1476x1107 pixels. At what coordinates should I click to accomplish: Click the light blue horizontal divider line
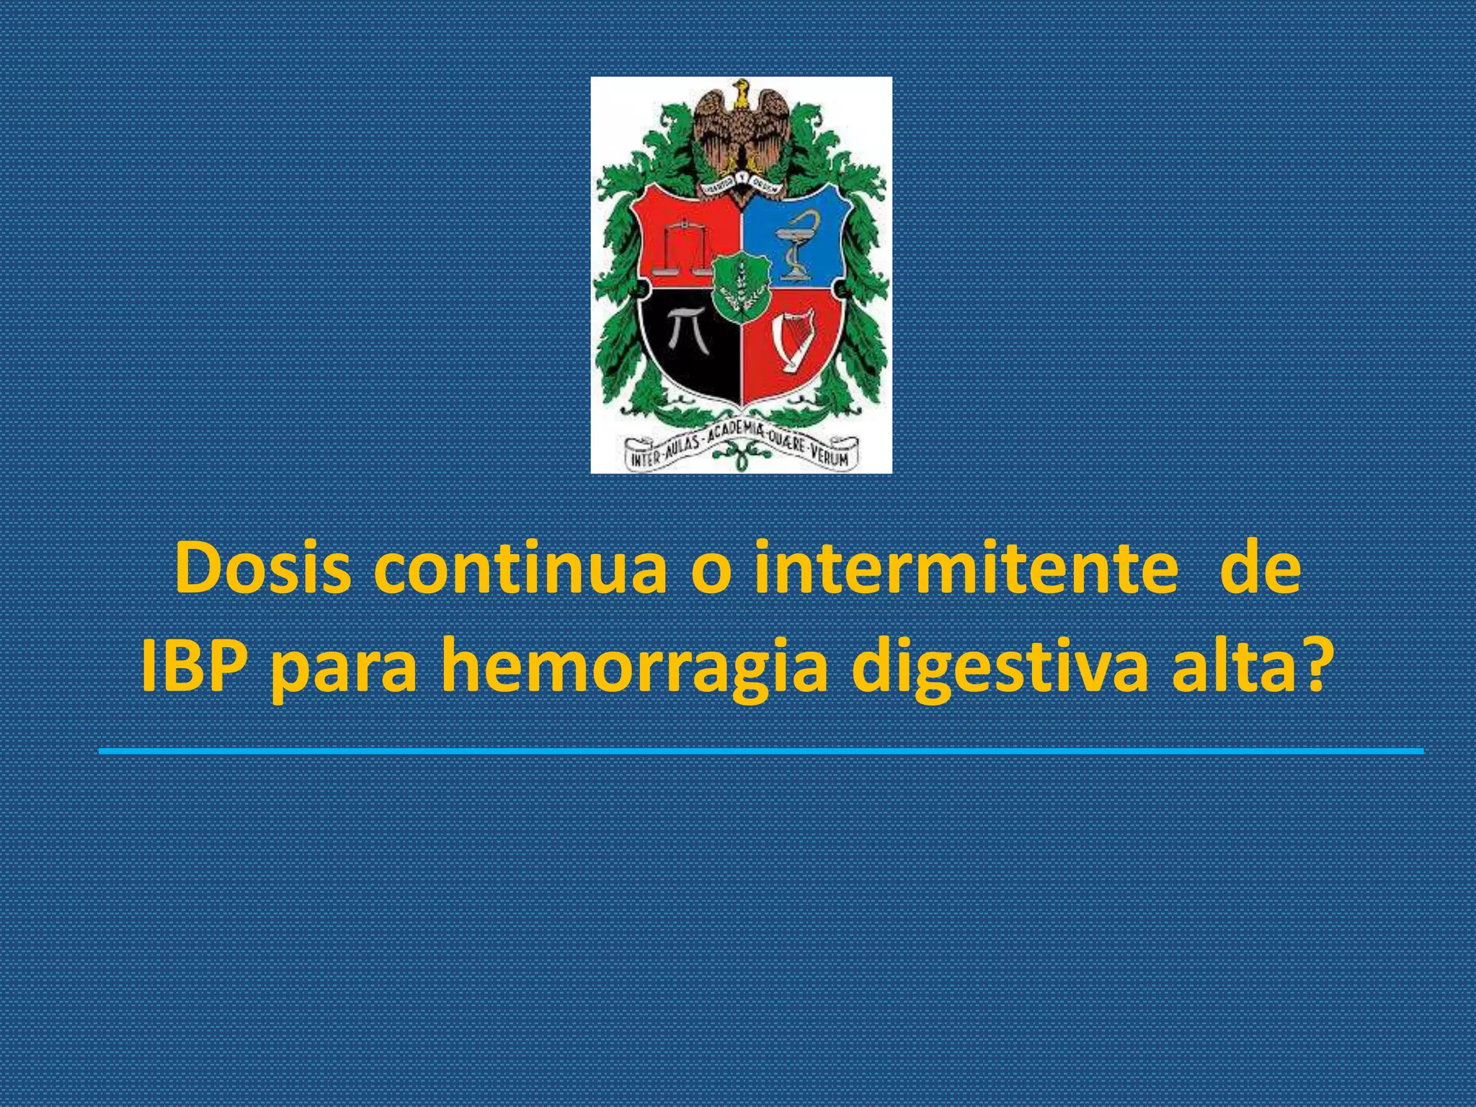click(761, 751)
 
